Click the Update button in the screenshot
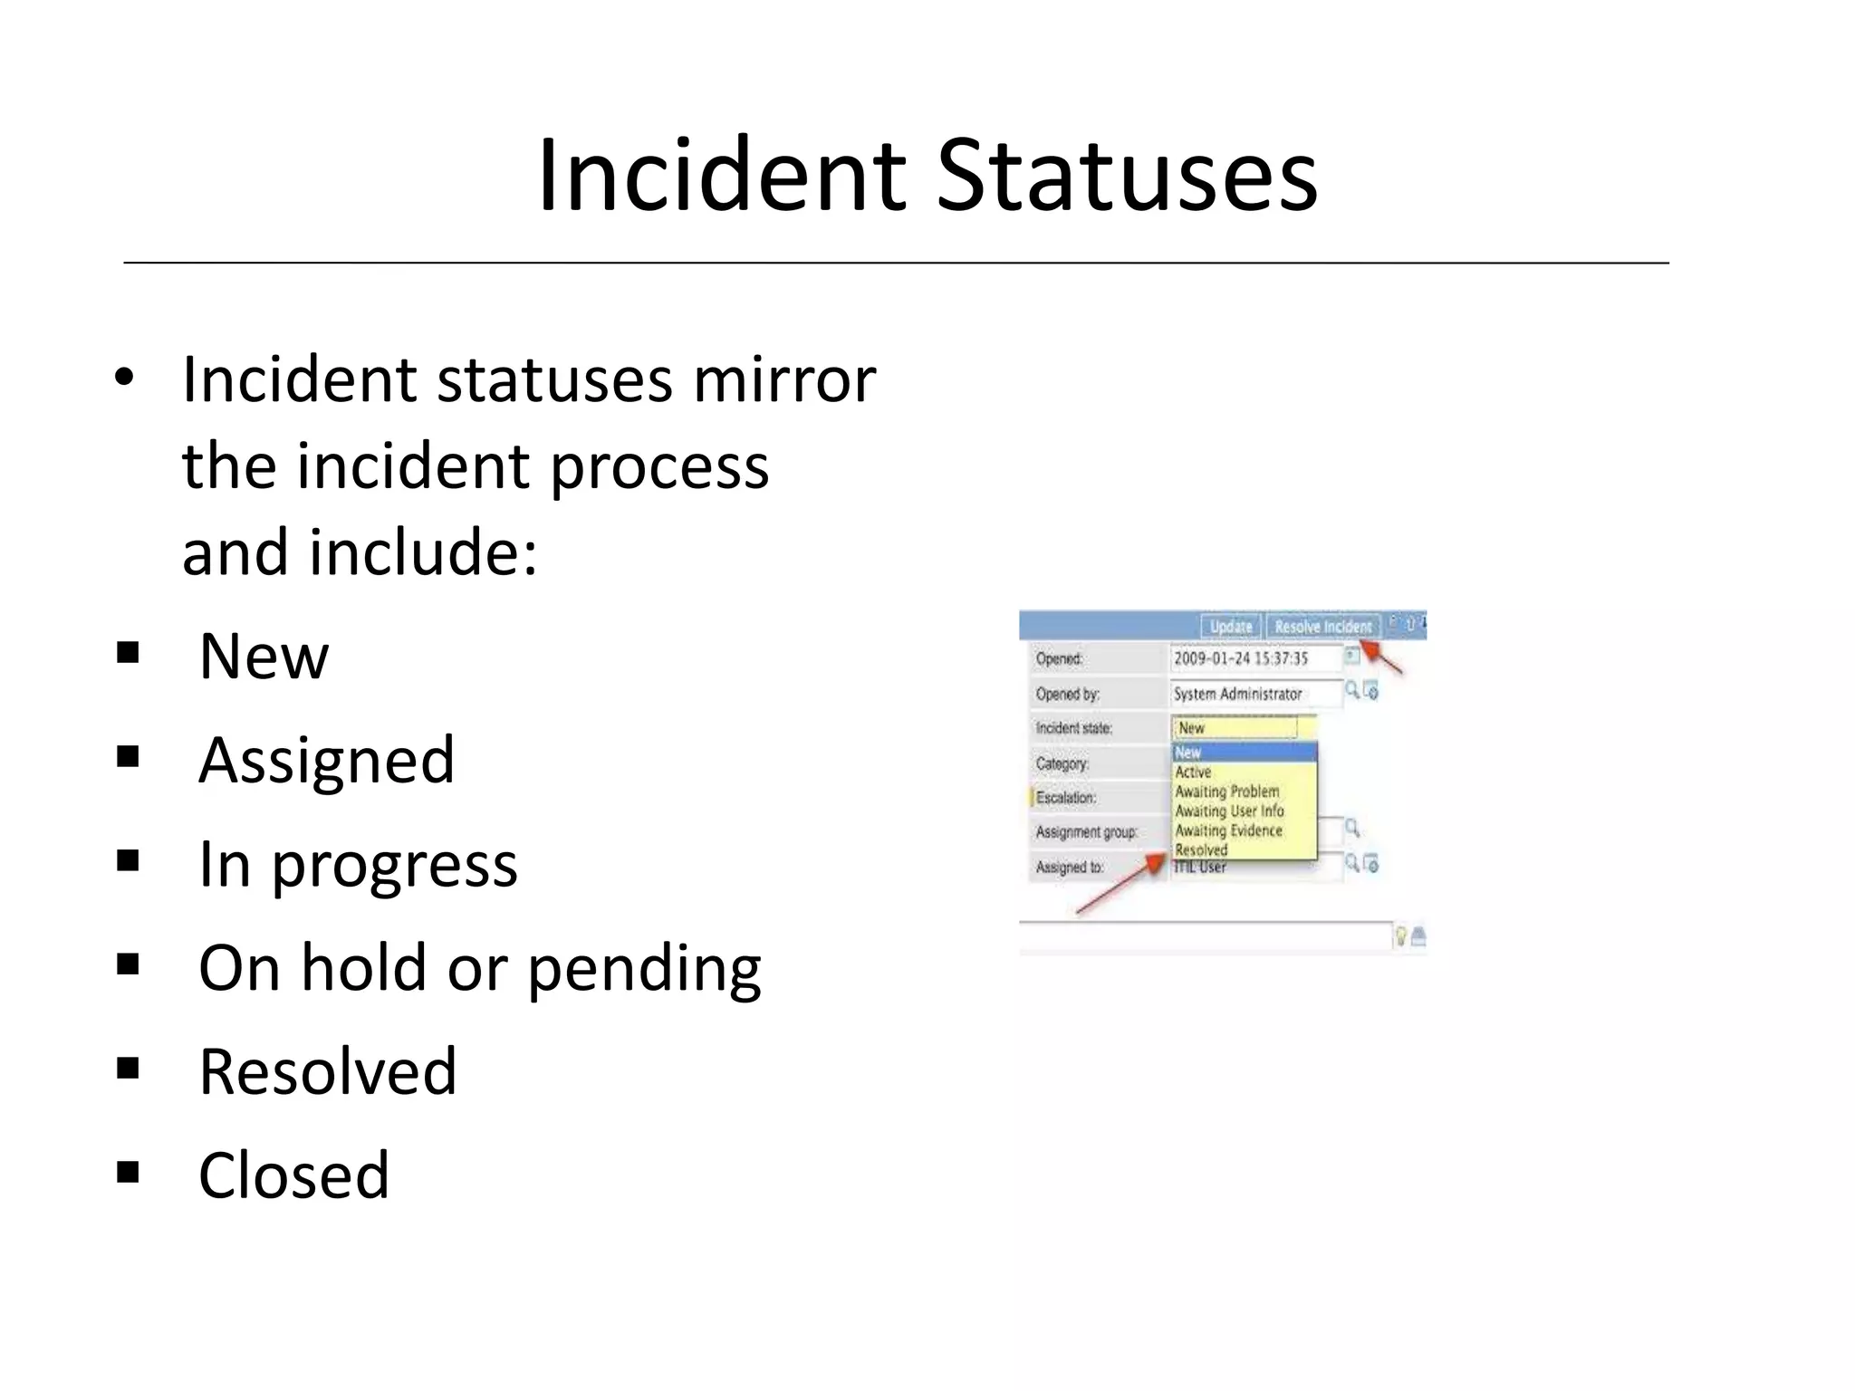[1230, 627]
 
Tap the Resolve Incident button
[1322, 627]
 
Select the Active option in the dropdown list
[1193, 772]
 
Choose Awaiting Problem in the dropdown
[1227, 791]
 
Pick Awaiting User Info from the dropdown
[1229, 811]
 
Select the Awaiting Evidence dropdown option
[1228, 830]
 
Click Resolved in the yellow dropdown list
[1201, 850]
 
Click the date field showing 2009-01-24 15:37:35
[1254, 658]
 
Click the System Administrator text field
[1254, 694]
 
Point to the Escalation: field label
[1066, 798]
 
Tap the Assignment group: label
[1086, 832]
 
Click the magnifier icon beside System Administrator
[1351, 691]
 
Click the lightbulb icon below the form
[1400, 936]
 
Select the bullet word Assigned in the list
[326, 760]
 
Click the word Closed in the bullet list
[293, 1175]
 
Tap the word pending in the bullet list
[644, 969]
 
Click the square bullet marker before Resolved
[128, 1070]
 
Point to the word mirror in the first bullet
[784, 379]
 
